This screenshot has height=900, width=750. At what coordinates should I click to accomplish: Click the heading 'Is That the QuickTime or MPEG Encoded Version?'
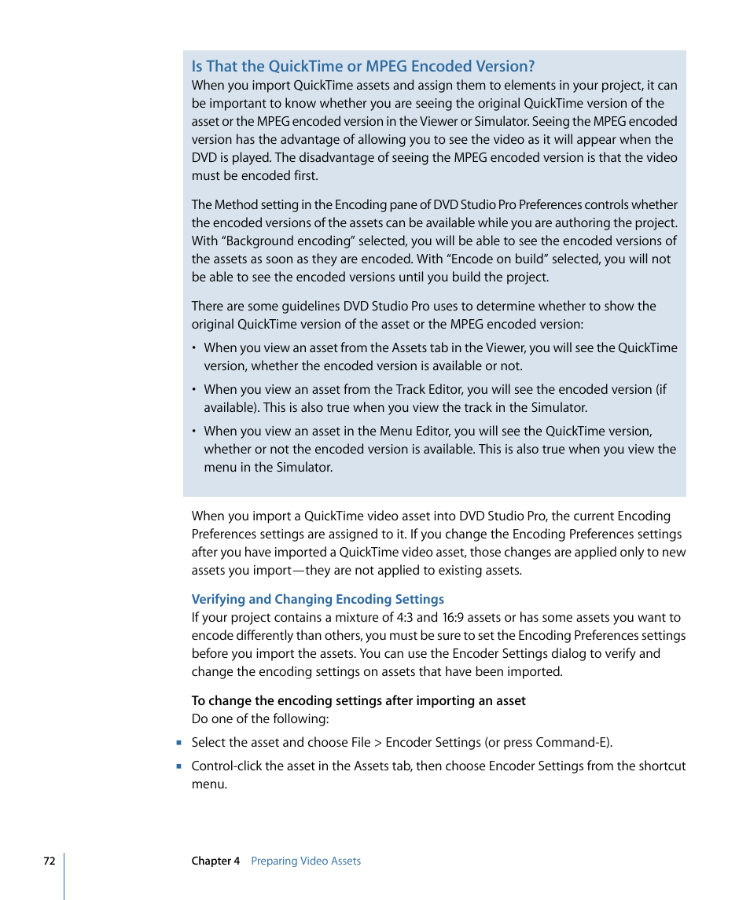click(363, 67)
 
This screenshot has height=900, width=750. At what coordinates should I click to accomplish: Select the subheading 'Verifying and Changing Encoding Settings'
click(318, 599)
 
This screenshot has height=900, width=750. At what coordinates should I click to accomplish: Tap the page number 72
click(50, 861)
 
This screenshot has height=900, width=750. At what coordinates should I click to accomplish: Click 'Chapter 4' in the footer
click(215, 861)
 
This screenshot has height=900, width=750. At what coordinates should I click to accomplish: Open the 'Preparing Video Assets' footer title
click(306, 861)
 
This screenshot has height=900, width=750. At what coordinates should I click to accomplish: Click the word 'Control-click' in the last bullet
click(227, 766)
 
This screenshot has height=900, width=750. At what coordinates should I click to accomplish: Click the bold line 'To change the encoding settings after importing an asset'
click(358, 700)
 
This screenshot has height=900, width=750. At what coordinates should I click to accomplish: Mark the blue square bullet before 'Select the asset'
click(179, 743)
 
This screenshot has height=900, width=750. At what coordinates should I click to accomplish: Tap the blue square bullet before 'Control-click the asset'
click(179, 766)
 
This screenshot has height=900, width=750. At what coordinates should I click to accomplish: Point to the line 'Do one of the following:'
click(260, 718)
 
